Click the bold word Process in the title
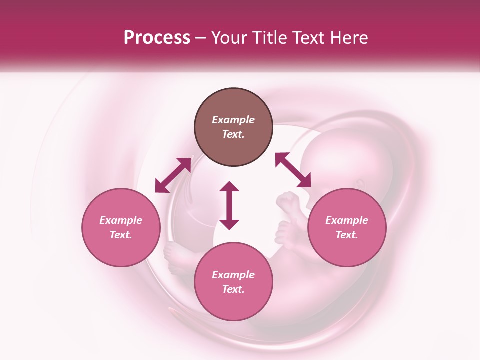[x=157, y=37]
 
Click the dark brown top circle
[x=233, y=127]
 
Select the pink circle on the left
[x=121, y=227]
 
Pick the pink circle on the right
[x=347, y=227]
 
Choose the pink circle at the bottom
[x=233, y=282]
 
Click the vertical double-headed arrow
[x=229, y=205]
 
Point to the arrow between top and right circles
[x=293, y=170]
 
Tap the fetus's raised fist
[x=288, y=203]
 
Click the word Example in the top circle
[x=233, y=120]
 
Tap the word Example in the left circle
[x=121, y=220]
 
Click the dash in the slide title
[x=201, y=38]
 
